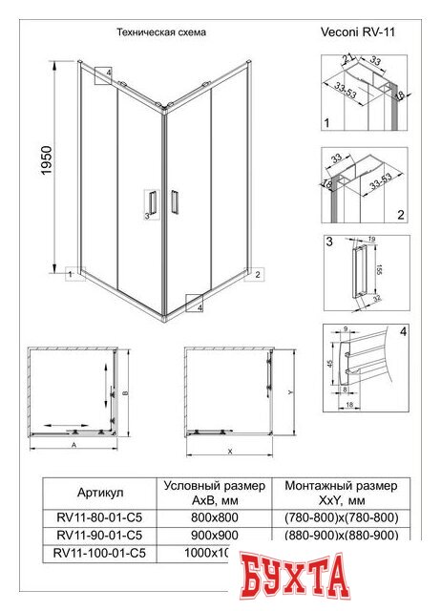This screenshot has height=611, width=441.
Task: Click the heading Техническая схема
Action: [x=160, y=32]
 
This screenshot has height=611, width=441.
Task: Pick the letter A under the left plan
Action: [x=73, y=445]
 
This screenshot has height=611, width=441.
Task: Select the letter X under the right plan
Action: [x=231, y=451]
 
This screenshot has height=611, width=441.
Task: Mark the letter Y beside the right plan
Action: [x=288, y=391]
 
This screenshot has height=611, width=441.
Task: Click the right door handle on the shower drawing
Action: [x=175, y=202]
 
